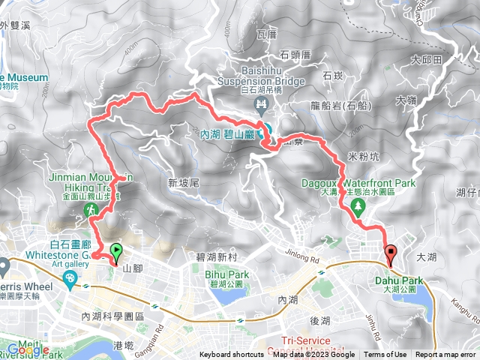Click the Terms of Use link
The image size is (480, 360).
pos(385,355)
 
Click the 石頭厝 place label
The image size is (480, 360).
pos(295,54)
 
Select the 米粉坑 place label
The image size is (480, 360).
pos(364,156)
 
